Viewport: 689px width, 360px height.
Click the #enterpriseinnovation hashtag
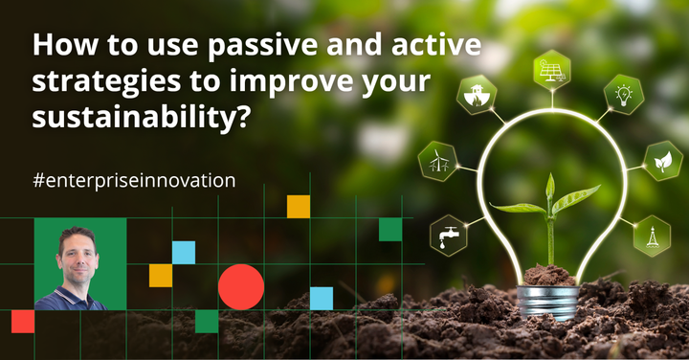(x=133, y=179)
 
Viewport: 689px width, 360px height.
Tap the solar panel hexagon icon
(x=553, y=69)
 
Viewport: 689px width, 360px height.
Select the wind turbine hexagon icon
(x=439, y=160)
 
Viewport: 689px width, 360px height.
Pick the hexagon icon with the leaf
(x=663, y=161)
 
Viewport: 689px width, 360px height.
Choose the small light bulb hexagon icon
(x=622, y=94)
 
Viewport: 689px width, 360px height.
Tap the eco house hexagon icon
(x=476, y=96)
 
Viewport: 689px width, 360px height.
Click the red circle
(x=241, y=286)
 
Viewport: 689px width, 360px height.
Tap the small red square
(x=23, y=322)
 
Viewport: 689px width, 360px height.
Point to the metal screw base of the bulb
(x=549, y=301)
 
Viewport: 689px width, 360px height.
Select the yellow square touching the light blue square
(x=161, y=276)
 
